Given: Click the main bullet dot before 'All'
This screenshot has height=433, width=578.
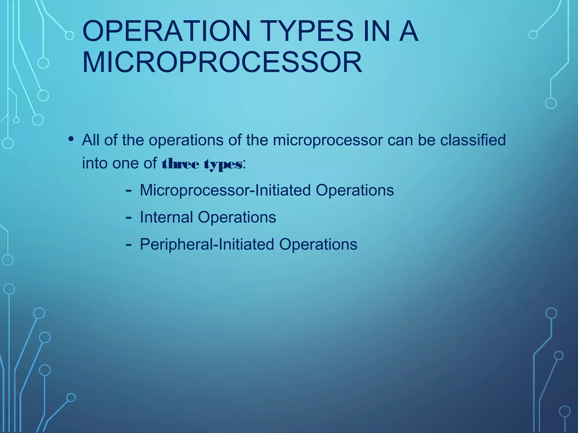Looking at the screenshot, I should pos(71,139).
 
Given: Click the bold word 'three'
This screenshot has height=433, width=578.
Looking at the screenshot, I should pos(181,164).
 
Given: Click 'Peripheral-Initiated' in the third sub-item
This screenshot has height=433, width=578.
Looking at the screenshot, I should pos(207,244).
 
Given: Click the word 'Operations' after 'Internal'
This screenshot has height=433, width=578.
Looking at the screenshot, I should pos(237,217).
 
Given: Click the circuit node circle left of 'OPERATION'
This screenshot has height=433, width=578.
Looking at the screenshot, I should pos(69,36).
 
